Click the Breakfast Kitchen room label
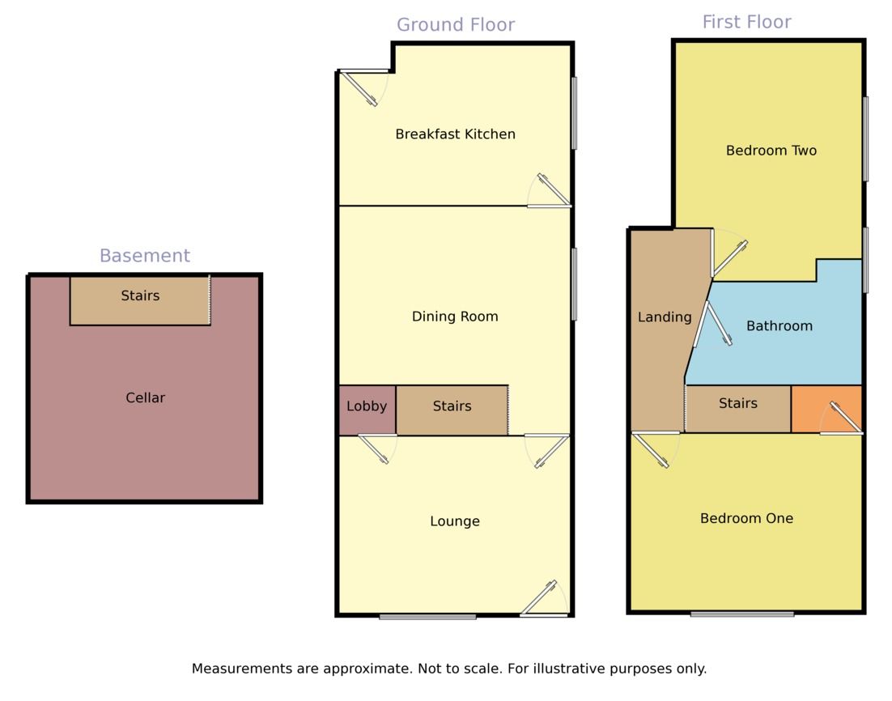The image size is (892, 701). pos(455,134)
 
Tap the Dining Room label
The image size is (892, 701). pos(455,317)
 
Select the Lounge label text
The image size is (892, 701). pos(455,521)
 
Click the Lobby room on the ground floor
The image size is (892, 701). pos(367,407)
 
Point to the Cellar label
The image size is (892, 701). pos(146,398)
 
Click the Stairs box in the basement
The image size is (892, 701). pos(140,300)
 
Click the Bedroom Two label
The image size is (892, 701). pos(771,151)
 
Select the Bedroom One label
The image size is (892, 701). pos(746,518)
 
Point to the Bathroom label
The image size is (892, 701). pos(779,326)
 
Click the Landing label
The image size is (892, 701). pos(665,317)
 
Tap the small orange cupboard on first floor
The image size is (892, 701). pos(826,409)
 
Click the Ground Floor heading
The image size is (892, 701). pos(456,25)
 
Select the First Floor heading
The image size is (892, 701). pos(746,22)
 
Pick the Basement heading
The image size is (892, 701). pos(144,256)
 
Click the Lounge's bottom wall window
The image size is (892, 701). pos(427,617)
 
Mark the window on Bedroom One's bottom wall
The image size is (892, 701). pos(742,614)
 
